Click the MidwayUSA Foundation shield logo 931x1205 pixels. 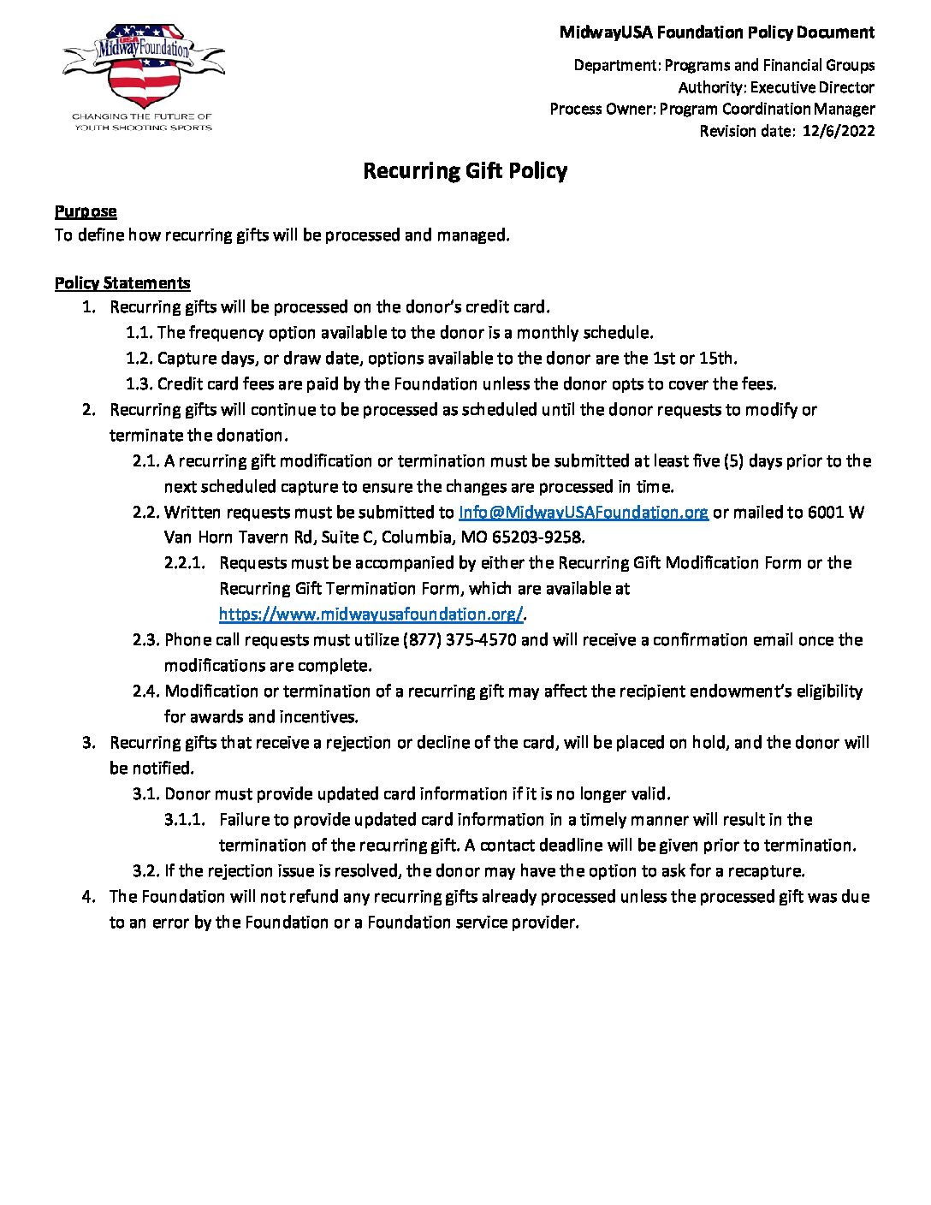click(x=143, y=67)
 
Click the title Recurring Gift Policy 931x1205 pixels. click(x=465, y=171)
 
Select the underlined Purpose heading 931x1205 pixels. click(x=86, y=211)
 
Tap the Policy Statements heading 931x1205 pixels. click(x=122, y=283)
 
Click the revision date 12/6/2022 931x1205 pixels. click(x=839, y=131)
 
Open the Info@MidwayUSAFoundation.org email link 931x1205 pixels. click(x=584, y=512)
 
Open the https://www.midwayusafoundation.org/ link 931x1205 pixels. click(x=371, y=614)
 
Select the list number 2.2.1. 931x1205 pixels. click(x=185, y=563)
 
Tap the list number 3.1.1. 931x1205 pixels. click(x=185, y=819)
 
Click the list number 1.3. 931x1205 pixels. click(x=139, y=383)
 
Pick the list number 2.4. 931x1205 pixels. click(x=146, y=691)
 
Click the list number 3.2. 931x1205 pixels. click(x=146, y=870)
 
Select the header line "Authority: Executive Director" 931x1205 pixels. click(x=776, y=87)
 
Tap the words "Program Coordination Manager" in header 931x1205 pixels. click(x=767, y=109)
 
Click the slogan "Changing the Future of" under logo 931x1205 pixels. click(x=142, y=116)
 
